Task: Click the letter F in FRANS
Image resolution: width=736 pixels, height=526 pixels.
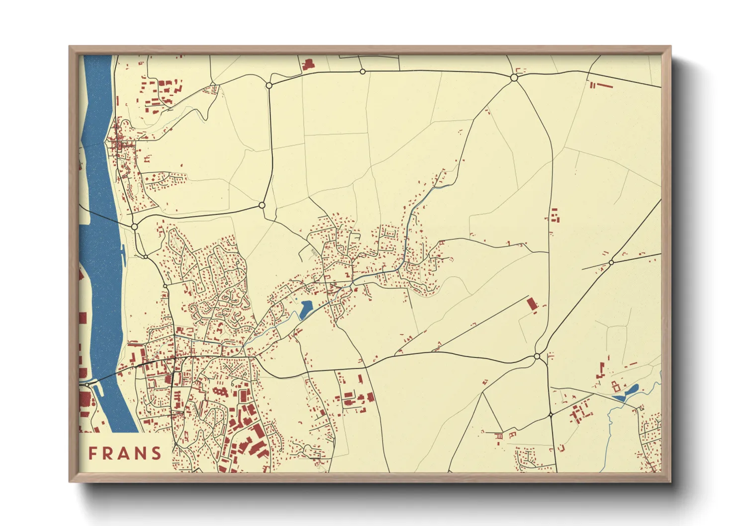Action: tap(92, 453)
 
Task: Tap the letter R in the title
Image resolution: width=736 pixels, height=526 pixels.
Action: tap(108, 453)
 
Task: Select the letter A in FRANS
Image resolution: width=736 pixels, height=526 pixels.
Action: tap(125, 453)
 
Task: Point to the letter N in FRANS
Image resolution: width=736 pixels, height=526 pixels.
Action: tap(141, 453)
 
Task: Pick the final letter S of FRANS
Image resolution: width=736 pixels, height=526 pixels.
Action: tap(157, 453)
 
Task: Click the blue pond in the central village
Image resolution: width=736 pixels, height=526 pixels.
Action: tap(305, 309)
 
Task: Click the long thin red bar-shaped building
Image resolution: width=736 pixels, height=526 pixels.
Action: tap(604, 85)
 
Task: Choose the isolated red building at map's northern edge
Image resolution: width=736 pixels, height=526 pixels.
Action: tap(308, 65)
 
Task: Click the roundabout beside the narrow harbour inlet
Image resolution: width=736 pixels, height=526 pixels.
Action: tap(88, 384)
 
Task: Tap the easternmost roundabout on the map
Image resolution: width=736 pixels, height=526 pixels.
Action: tap(611, 262)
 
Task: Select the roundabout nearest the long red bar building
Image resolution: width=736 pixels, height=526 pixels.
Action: tap(514, 78)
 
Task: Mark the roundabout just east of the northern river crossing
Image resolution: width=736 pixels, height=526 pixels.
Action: tap(134, 226)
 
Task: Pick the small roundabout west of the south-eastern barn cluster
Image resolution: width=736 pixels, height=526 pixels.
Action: tap(551, 414)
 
